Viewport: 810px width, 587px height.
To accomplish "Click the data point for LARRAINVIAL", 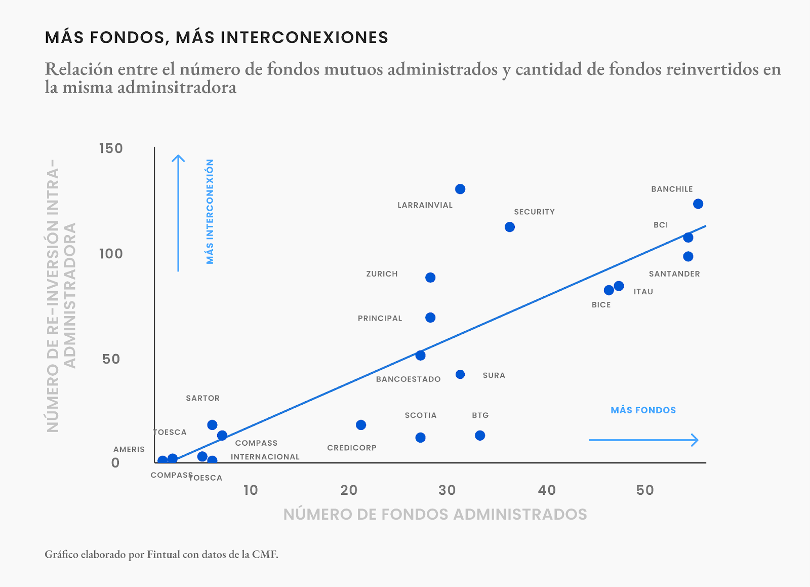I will click(460, 189).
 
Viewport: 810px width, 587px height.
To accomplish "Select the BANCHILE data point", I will click(698, 204).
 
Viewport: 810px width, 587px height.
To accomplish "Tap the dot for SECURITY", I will click(509, 227).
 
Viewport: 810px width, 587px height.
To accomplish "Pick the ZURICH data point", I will click(430, 278).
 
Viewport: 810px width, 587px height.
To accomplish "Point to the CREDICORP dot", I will click(360, 425).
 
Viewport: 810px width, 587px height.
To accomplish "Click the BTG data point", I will click(479, 436).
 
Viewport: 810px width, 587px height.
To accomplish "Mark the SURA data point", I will click(460, 375).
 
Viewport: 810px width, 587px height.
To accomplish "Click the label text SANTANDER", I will click(674, 274).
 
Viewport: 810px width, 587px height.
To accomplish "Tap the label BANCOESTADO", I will click(408, 379).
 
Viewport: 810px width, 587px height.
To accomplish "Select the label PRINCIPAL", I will click(380, 319).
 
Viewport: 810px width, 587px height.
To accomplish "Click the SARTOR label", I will click(202, 399).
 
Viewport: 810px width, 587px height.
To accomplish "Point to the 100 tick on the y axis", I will click(111, 254).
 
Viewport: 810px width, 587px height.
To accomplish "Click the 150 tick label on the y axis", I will click(111, 148).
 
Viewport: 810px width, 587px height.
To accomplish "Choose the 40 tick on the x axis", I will click(547, 490).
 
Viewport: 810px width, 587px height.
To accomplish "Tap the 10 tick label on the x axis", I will click(251, 490).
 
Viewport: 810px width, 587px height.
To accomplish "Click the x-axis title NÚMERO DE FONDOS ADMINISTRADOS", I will click(435, 515).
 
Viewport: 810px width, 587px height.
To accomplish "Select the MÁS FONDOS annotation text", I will click(643, 410).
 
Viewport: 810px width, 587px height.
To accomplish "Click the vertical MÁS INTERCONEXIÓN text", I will click(210, 212).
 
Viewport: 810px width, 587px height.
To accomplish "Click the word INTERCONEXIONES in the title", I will click(304, 37).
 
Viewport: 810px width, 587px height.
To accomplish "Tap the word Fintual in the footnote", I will click(163, 555).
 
